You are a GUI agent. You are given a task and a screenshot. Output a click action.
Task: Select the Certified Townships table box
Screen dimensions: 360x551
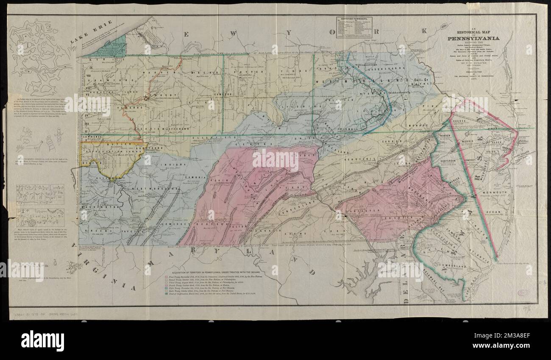click(354, 28)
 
